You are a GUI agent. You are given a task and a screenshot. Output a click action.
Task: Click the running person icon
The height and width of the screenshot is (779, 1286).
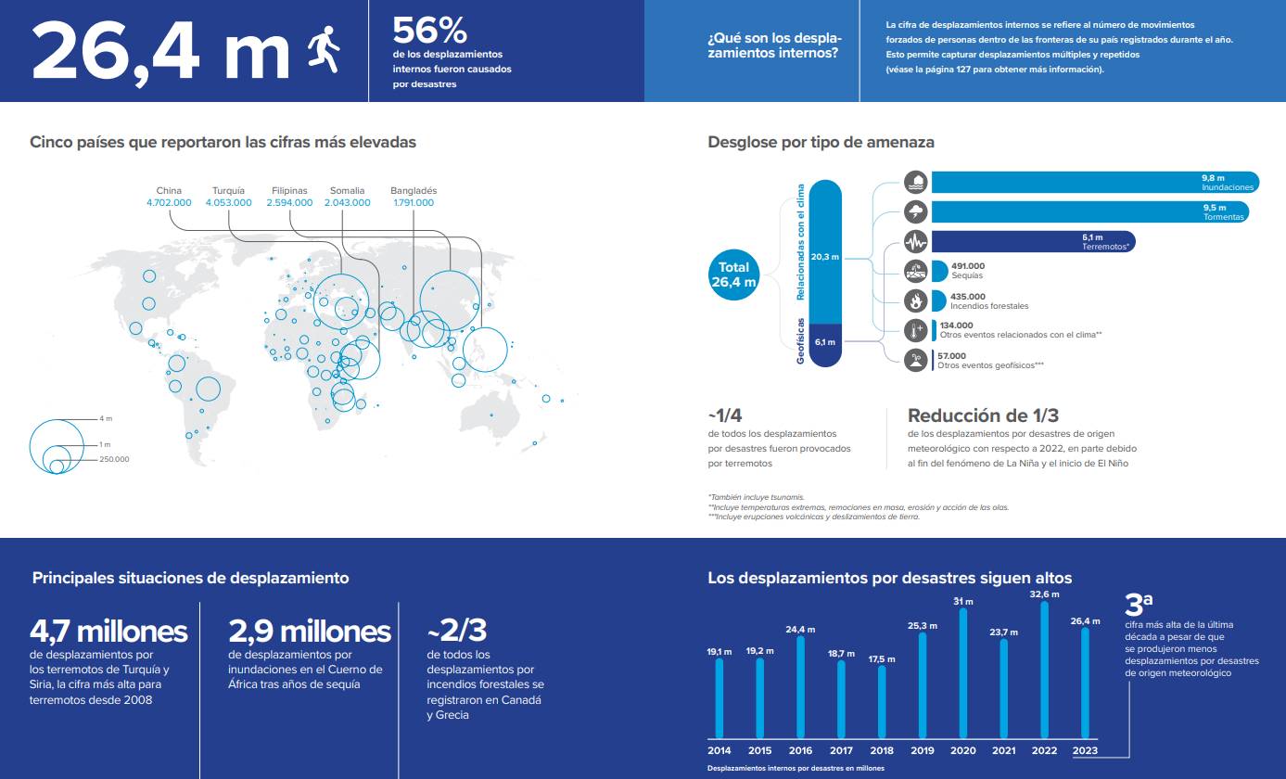click(x=325, y=50)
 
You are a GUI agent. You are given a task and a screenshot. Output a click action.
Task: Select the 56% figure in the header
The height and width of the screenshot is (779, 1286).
click(x=430, y=31)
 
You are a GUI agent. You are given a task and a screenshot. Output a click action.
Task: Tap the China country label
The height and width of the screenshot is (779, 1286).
click(x=169, y=190)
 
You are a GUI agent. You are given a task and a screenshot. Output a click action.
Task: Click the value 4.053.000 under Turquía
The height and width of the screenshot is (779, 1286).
click(x=228, y=202)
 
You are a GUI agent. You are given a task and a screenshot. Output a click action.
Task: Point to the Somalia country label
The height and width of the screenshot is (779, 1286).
click(x=347, y=190)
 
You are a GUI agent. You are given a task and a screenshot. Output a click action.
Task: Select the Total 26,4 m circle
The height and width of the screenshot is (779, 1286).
click(x=733, y=275)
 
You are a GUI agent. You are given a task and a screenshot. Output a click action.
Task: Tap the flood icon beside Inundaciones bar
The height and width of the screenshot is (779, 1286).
click(x=916, y=182)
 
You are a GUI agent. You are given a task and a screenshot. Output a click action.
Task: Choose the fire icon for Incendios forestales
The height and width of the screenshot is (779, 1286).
click(x=916, y=300)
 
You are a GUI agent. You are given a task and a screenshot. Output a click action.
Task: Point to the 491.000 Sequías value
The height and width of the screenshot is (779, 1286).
click(x=967, y=266)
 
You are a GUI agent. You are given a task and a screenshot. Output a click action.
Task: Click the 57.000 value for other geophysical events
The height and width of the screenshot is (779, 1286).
click(x=951, y=355)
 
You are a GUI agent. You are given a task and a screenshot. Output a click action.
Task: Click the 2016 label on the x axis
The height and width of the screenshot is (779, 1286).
click(x=800, y=750)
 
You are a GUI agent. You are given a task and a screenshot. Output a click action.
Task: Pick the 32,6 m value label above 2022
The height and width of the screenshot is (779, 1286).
click(x=1046, y=594)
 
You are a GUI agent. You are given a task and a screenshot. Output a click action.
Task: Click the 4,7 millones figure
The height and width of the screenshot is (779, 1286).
click(x=108, y=632)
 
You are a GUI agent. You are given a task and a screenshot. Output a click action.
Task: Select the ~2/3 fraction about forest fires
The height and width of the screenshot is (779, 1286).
click(x=456, y=630)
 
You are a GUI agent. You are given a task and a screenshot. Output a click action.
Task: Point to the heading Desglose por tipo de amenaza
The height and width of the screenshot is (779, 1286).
click(x=821, y=143)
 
